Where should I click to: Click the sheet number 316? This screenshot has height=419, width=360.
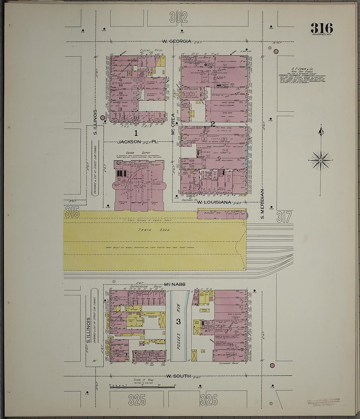[x=322, y=28]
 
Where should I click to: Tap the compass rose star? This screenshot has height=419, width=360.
[x=320, y=160]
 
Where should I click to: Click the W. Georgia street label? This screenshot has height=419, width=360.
[x=177, y=42]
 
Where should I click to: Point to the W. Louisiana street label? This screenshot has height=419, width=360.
[x=214, y=202]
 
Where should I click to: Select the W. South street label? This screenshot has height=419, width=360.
[x=178, y=376]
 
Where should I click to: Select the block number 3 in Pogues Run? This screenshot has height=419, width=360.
[x=178, y=322]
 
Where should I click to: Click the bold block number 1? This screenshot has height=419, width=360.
[x=135, y=133]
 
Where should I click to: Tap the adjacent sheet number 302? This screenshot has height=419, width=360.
[x=178, y=18]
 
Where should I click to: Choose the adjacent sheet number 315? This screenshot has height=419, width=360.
[x=72, y=213]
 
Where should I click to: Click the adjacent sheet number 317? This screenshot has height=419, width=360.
[x=283, y=217]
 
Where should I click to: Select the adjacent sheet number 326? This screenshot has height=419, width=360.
[x=208, y=399]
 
